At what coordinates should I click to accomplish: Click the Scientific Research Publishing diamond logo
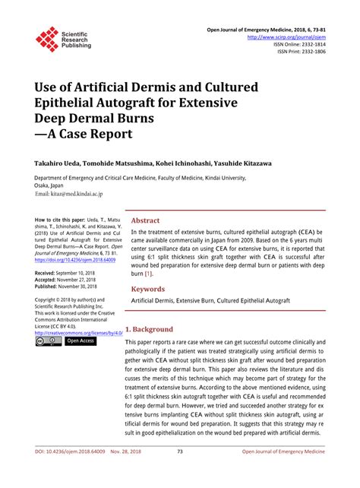(x=47, y=40)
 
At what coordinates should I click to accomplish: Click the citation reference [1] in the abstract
(x=148, y=273)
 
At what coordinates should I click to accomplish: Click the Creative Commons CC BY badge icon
(x=48, y=341)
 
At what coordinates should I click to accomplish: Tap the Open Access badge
(x=81, y=341)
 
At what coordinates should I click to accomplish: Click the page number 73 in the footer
(x=180, y=472)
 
